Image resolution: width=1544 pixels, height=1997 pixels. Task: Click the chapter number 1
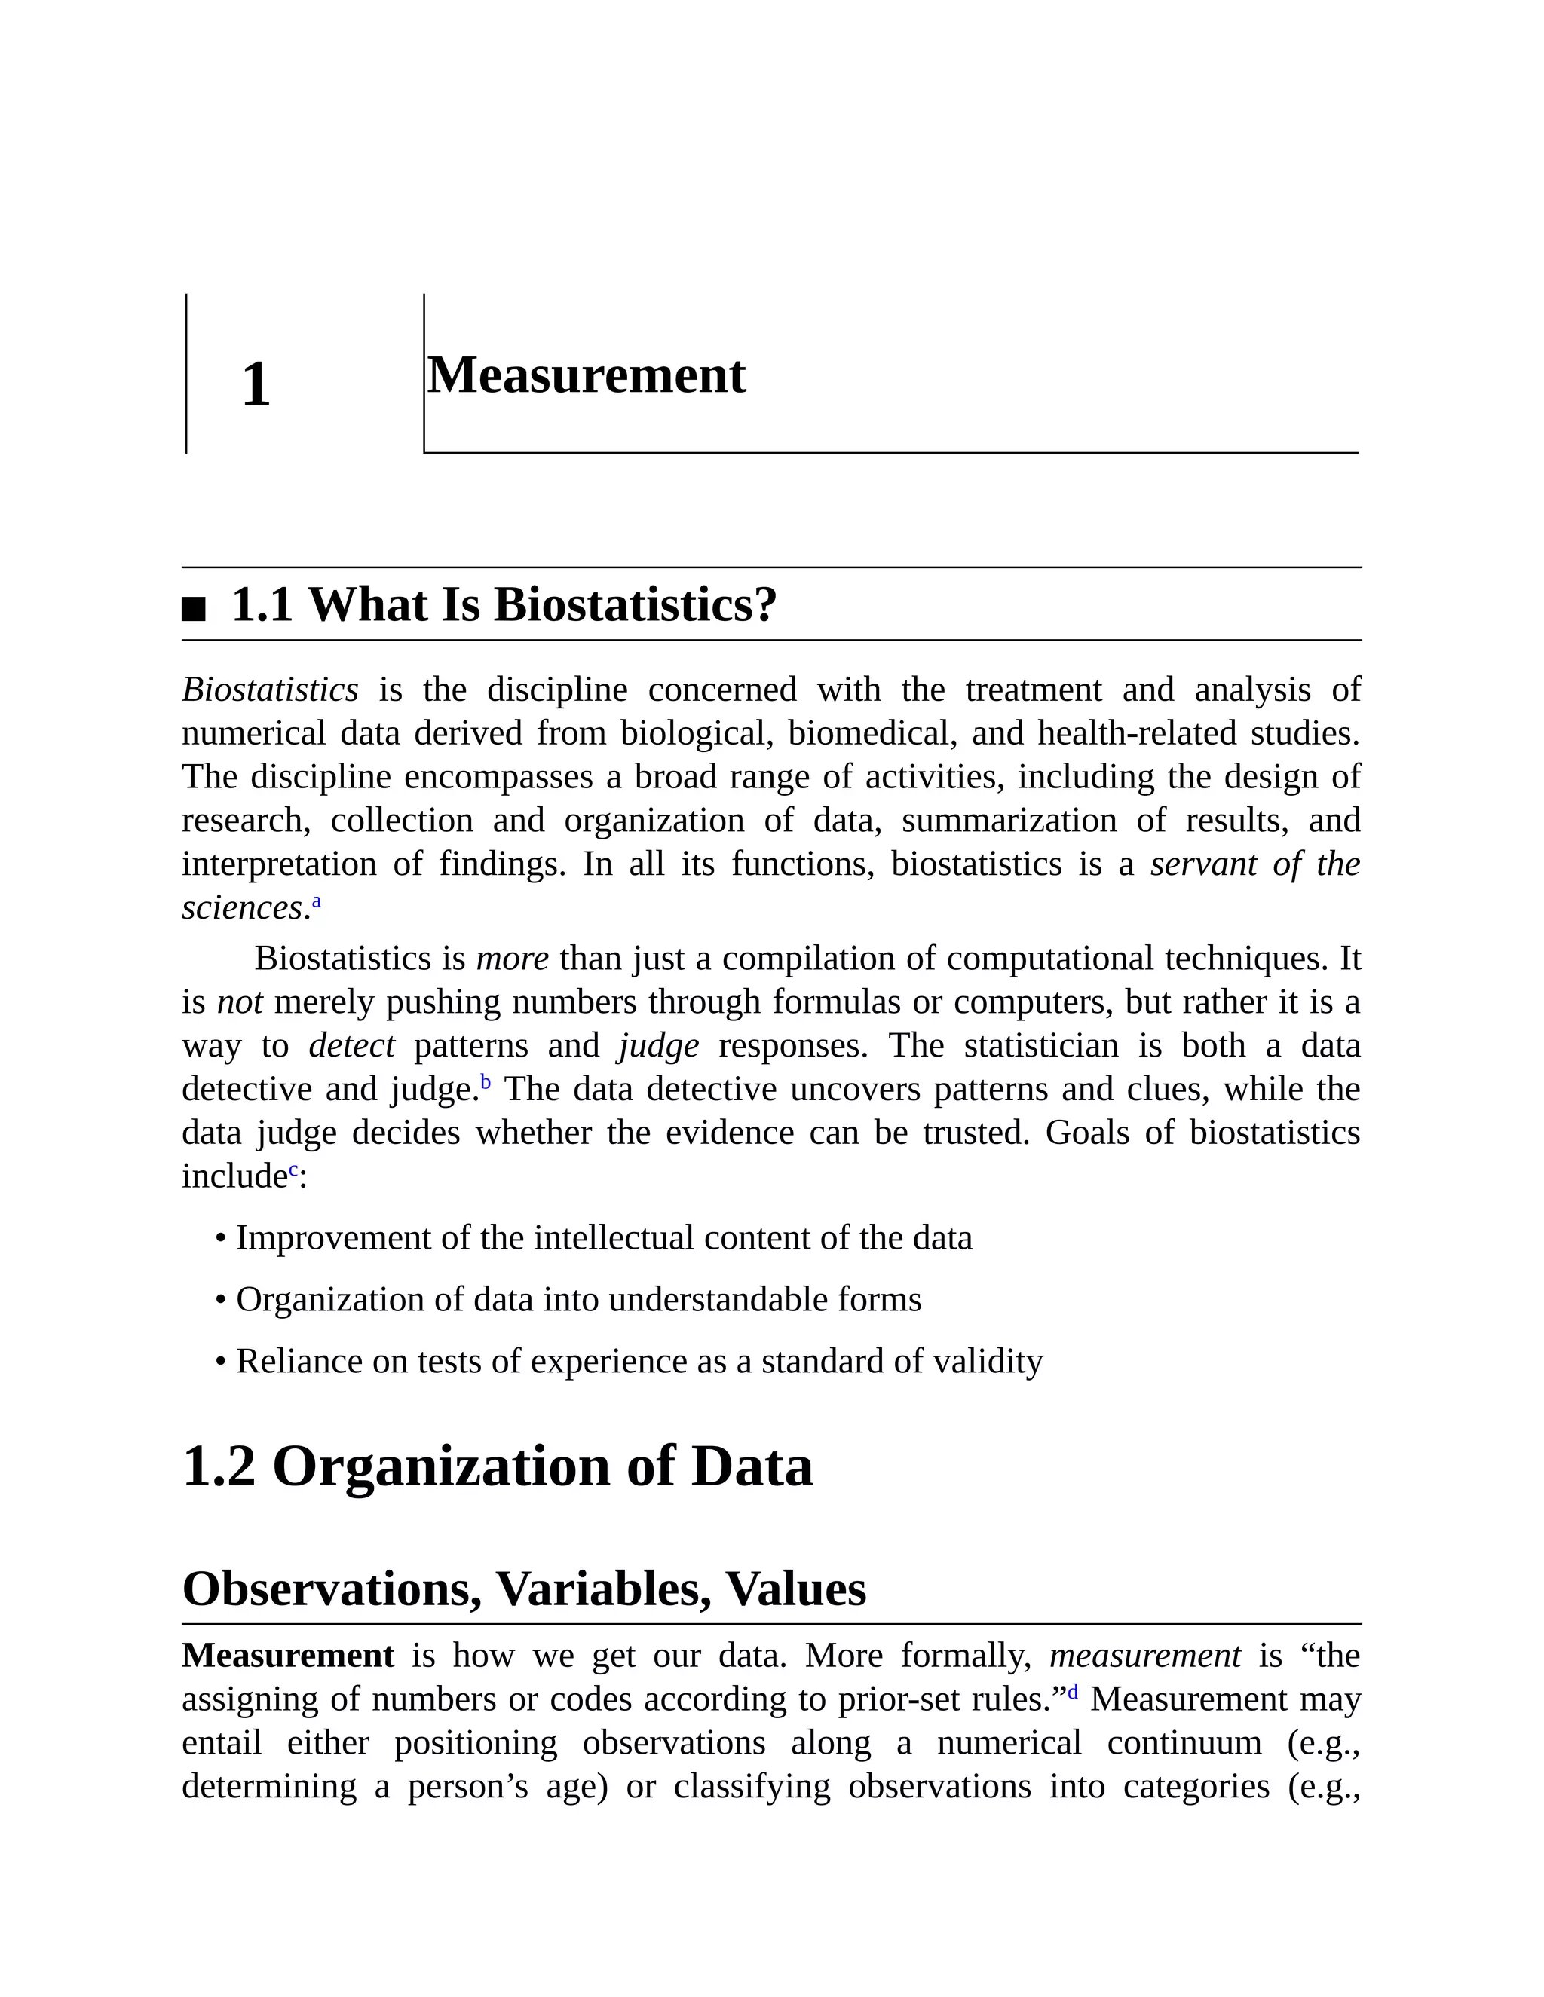[256, 385]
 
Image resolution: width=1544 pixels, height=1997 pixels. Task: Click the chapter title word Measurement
[587, 376]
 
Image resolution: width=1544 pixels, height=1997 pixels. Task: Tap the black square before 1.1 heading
[194, 608]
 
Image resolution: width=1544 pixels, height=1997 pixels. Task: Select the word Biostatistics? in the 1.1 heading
[636, 605]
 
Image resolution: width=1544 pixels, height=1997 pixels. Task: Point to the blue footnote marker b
[486, 1083]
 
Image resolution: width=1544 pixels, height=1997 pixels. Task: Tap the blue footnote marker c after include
[293, 1170]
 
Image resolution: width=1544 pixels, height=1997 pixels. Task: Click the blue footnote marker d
[1073, 1693]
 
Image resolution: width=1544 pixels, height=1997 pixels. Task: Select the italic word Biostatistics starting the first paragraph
[270, 690]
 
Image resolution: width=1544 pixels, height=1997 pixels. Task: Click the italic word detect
[351, 1045]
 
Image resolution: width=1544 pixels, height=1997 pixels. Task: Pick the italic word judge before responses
[659, 1045]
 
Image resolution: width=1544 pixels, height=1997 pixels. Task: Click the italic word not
[240, 1002]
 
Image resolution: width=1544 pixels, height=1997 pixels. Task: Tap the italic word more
[512, 959]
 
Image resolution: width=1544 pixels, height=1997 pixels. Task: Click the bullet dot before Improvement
[220, 1239]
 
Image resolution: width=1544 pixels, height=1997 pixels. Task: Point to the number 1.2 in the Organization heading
[219, 1466]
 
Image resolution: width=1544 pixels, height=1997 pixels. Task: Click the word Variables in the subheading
[604, 1589]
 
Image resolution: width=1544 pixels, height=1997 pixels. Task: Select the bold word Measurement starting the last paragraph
[288, 1656]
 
